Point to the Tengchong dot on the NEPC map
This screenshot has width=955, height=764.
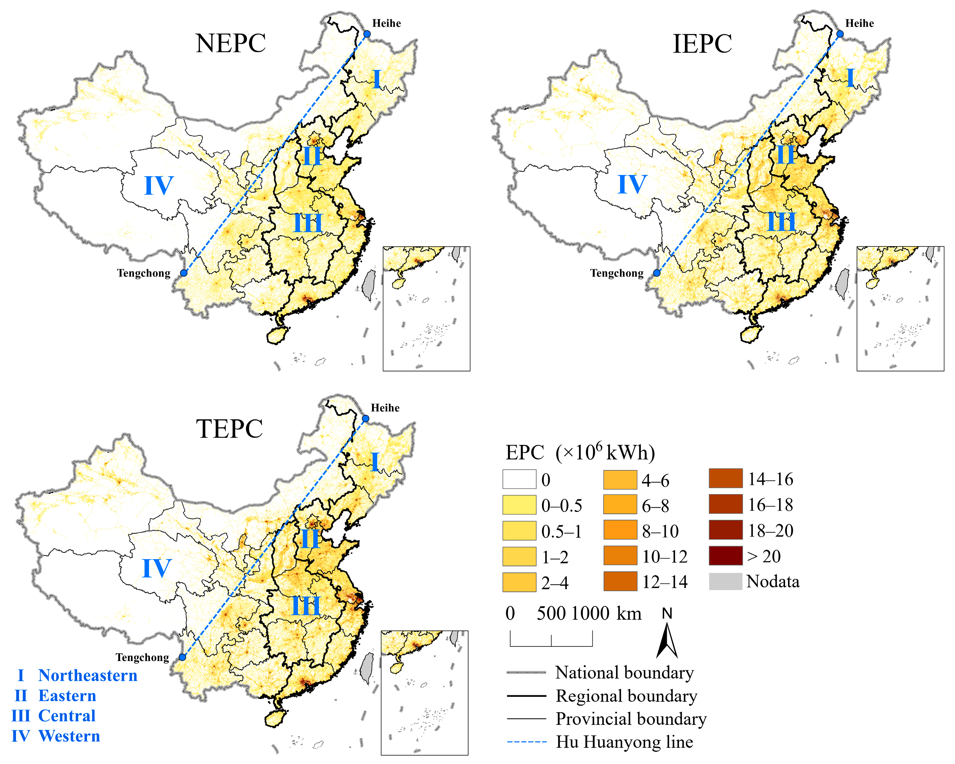coord(184,273)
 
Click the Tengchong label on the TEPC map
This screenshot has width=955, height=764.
coord(142,657)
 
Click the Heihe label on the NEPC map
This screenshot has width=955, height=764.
coord(386,23)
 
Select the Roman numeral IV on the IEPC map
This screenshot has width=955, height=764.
coord(632,184)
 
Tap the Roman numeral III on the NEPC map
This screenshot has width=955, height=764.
coord(308,223)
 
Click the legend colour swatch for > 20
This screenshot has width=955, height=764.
coord(725,556)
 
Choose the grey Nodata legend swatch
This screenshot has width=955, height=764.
coord(725,581)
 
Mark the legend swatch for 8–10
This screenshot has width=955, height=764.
coord(620,530)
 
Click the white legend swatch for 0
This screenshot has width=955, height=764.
coord(519,479)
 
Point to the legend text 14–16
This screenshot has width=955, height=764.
coord(771,479)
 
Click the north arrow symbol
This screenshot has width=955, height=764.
coord(667,640)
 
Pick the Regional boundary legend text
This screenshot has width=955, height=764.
coord(626,696)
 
